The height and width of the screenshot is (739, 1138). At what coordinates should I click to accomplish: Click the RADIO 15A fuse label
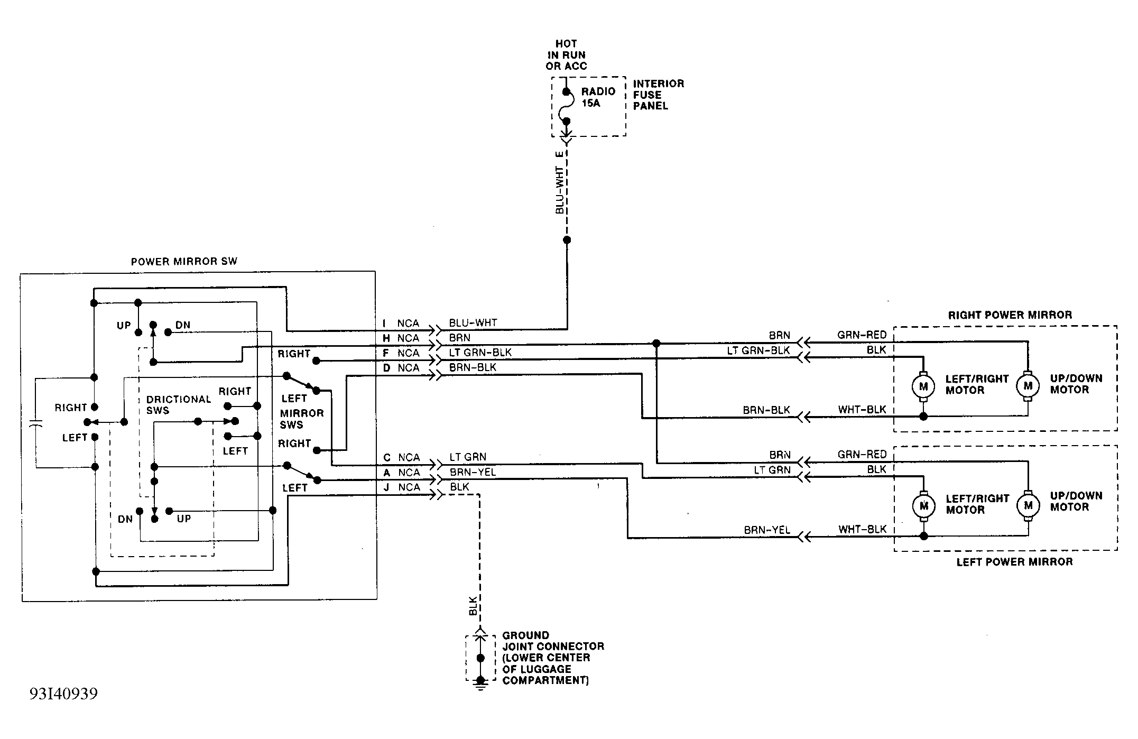(x=598, y=97)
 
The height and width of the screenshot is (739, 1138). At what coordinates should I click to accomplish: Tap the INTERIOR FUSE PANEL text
(x=658, y=95)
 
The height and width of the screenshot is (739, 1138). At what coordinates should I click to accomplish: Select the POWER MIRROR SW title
(x=184, y=261)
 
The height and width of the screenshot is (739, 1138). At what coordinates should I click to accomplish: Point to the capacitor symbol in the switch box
(x=35, y=424)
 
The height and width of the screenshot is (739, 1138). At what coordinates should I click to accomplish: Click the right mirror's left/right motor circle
(x=923, y=386)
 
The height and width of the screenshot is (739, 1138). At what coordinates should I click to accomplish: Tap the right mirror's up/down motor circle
(x=1028, y=386)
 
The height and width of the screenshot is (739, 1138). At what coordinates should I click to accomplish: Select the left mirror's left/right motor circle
(x=923, y=506)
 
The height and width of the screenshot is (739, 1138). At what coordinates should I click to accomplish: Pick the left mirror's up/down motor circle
(x=1028, y=505)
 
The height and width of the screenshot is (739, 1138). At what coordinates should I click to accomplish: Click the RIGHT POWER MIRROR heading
(x=1010, y=315)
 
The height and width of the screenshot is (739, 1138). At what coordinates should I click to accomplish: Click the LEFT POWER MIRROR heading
(x=1014, y=562)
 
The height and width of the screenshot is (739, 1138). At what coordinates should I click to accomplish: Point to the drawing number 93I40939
(x=63, y=694)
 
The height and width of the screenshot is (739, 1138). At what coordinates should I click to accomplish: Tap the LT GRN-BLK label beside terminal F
(x=480, y=352)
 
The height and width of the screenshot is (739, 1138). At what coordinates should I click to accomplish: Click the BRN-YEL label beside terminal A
(x=473, y=472)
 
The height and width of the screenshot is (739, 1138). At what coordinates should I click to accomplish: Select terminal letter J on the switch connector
(x=386, y=487)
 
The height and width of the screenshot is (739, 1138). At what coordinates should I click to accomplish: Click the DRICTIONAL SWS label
(x=179, y=404)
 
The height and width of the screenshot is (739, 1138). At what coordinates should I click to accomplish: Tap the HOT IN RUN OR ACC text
(x=566, y=55)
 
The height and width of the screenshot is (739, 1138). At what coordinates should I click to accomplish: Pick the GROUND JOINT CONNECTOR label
(x=553, y=658)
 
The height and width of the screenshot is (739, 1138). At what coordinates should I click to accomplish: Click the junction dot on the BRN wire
(x=656, y=343)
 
